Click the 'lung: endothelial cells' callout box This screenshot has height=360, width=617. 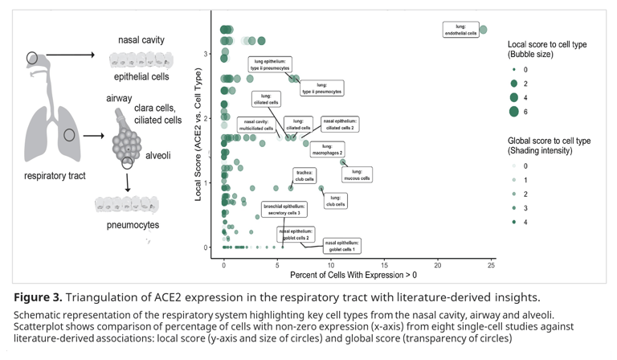[x=462, y=30]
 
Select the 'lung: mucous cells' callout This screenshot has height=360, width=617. [x=362, y=174]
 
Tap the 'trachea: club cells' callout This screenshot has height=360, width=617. [x=304, y=175]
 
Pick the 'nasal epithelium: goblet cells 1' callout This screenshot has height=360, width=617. [x=342, y=246]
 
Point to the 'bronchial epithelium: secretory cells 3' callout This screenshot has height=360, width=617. [x=282, y=210]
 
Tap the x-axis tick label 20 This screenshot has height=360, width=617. [x=438, y=265]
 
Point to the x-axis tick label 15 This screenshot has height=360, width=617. [x=384, y=265]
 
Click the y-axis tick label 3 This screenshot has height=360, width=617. [x=206, y=55]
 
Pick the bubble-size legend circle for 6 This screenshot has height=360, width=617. [x=513, y=111]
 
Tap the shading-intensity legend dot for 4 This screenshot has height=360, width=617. [x=513, y=221]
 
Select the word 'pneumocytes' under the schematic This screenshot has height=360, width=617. [x=133, y=225]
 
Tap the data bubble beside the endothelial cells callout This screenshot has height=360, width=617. [x=483, y=30]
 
